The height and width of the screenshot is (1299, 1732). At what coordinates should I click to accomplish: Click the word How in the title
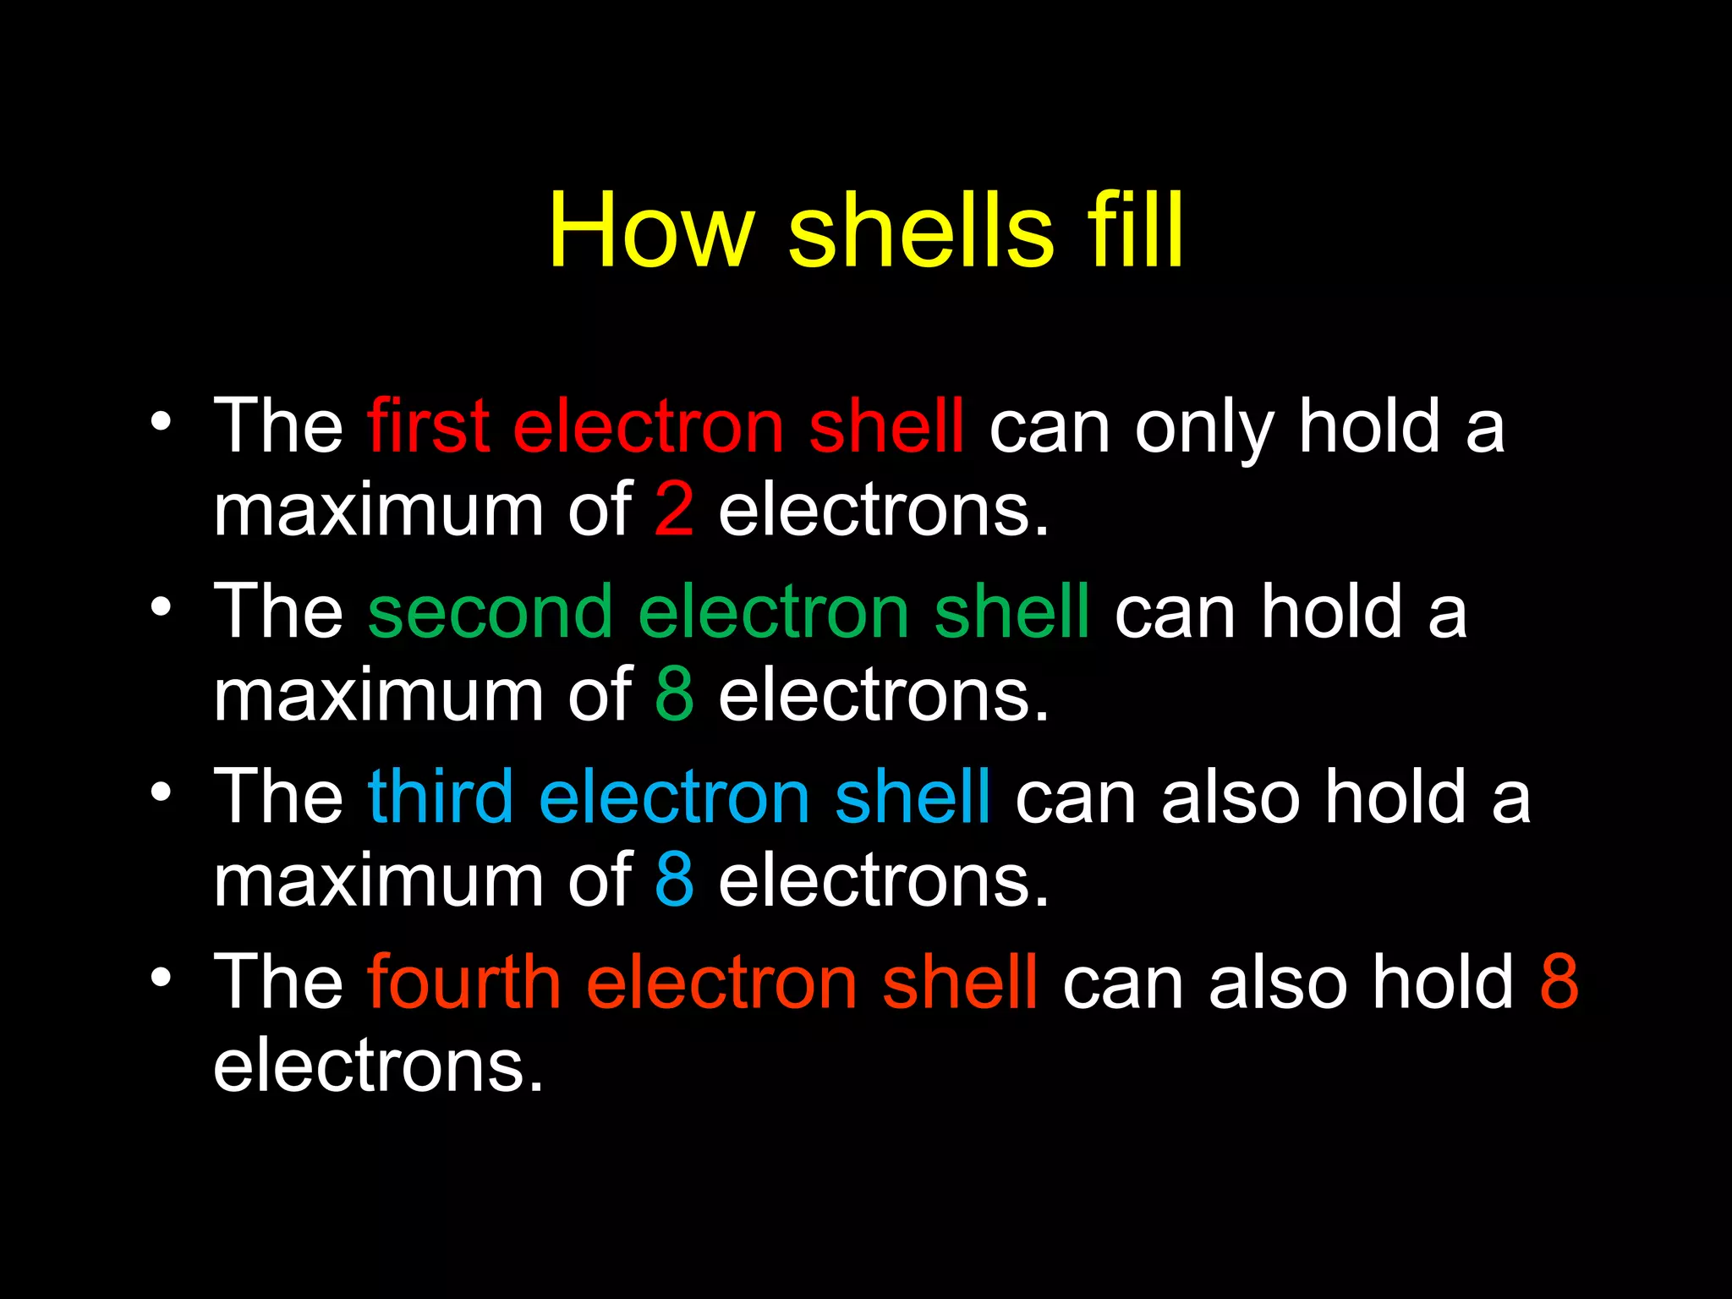pyautogui.click(x=649, y=230)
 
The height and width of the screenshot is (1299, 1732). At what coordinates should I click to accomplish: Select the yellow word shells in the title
pyautogui.click(x=921, y=230)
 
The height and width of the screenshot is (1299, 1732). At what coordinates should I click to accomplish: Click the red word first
pyautogui.click(x=428, y=425)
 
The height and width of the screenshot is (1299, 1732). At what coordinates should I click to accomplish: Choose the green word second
pyautogui.click(x=490, y=611)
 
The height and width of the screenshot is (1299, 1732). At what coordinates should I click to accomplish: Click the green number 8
pyautogui.click(x=674, y=694)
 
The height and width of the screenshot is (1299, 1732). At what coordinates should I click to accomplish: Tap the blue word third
pyautogui.click(x=441, y=796)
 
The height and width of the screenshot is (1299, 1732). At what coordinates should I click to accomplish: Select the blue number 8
pyautogui.click(x=674, y=880)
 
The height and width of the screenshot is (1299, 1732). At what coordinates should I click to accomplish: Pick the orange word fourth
pyautogui.click(x=463, y=981)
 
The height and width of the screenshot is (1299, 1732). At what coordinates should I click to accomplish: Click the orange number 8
pyautogui.click(x=1559, y=981)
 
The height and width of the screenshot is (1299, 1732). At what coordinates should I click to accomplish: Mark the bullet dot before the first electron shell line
pyautogui.click(x=161, y=420)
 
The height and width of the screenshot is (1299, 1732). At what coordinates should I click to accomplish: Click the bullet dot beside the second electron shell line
pyautogui.click(x=161, y=606)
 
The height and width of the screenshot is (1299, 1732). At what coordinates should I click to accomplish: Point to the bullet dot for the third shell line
pyautogui.click(x=161, y=792)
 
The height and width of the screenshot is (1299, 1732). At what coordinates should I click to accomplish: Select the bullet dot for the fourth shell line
pyautogui.click(x=161, y=977)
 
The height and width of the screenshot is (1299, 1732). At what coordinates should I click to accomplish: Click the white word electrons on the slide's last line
pyautogui.click(x=377, y=1065)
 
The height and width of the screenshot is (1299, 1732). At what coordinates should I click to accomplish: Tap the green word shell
pyautogui.click(x=1011, y=611)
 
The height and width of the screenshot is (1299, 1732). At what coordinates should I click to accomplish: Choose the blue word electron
pyautogui.click(x=674, y=797)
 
